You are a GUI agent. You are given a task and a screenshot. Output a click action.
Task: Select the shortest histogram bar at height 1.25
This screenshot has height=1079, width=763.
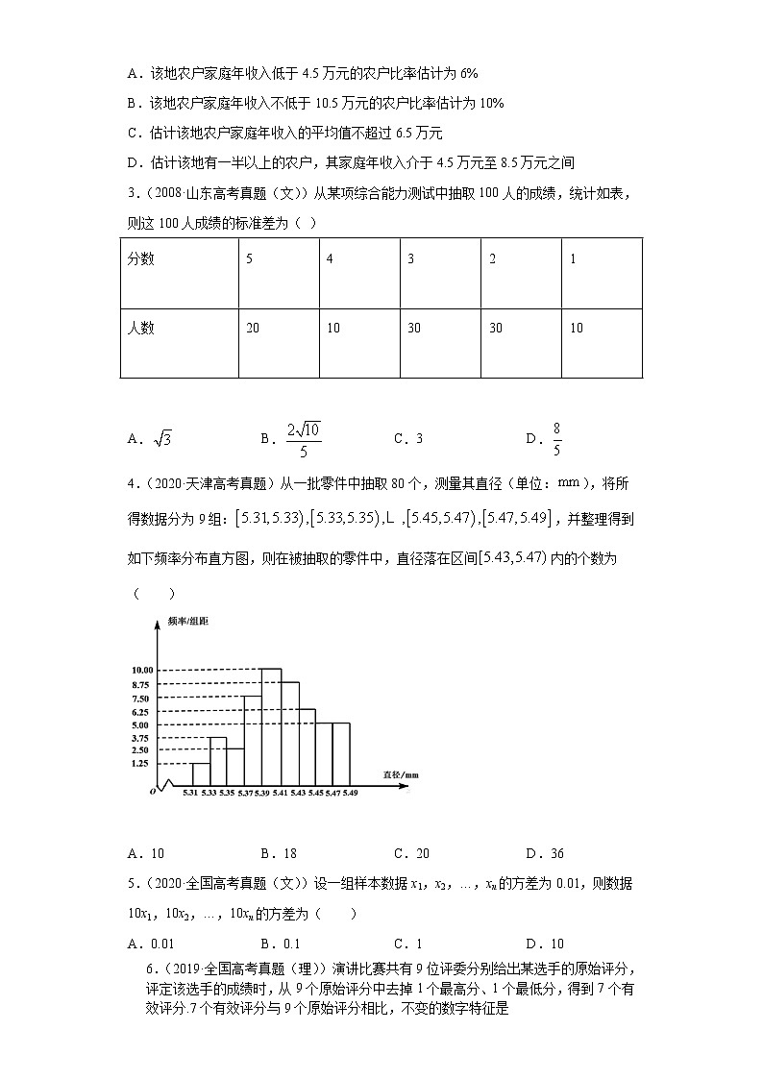(x=201, y=773)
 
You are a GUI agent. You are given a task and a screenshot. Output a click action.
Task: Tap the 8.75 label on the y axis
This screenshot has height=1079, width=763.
(x=139, y=684)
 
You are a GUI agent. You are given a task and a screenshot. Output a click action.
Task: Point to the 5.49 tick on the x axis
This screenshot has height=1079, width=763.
(x=350, y=792)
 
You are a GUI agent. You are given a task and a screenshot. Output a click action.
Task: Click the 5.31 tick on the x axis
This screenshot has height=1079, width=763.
(x=190, y=792)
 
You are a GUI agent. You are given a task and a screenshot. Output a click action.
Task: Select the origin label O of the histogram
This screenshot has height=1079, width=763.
(x=152, y=791)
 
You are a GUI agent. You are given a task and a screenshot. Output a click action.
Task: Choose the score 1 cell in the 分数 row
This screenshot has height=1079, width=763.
(x=601, y=274)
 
